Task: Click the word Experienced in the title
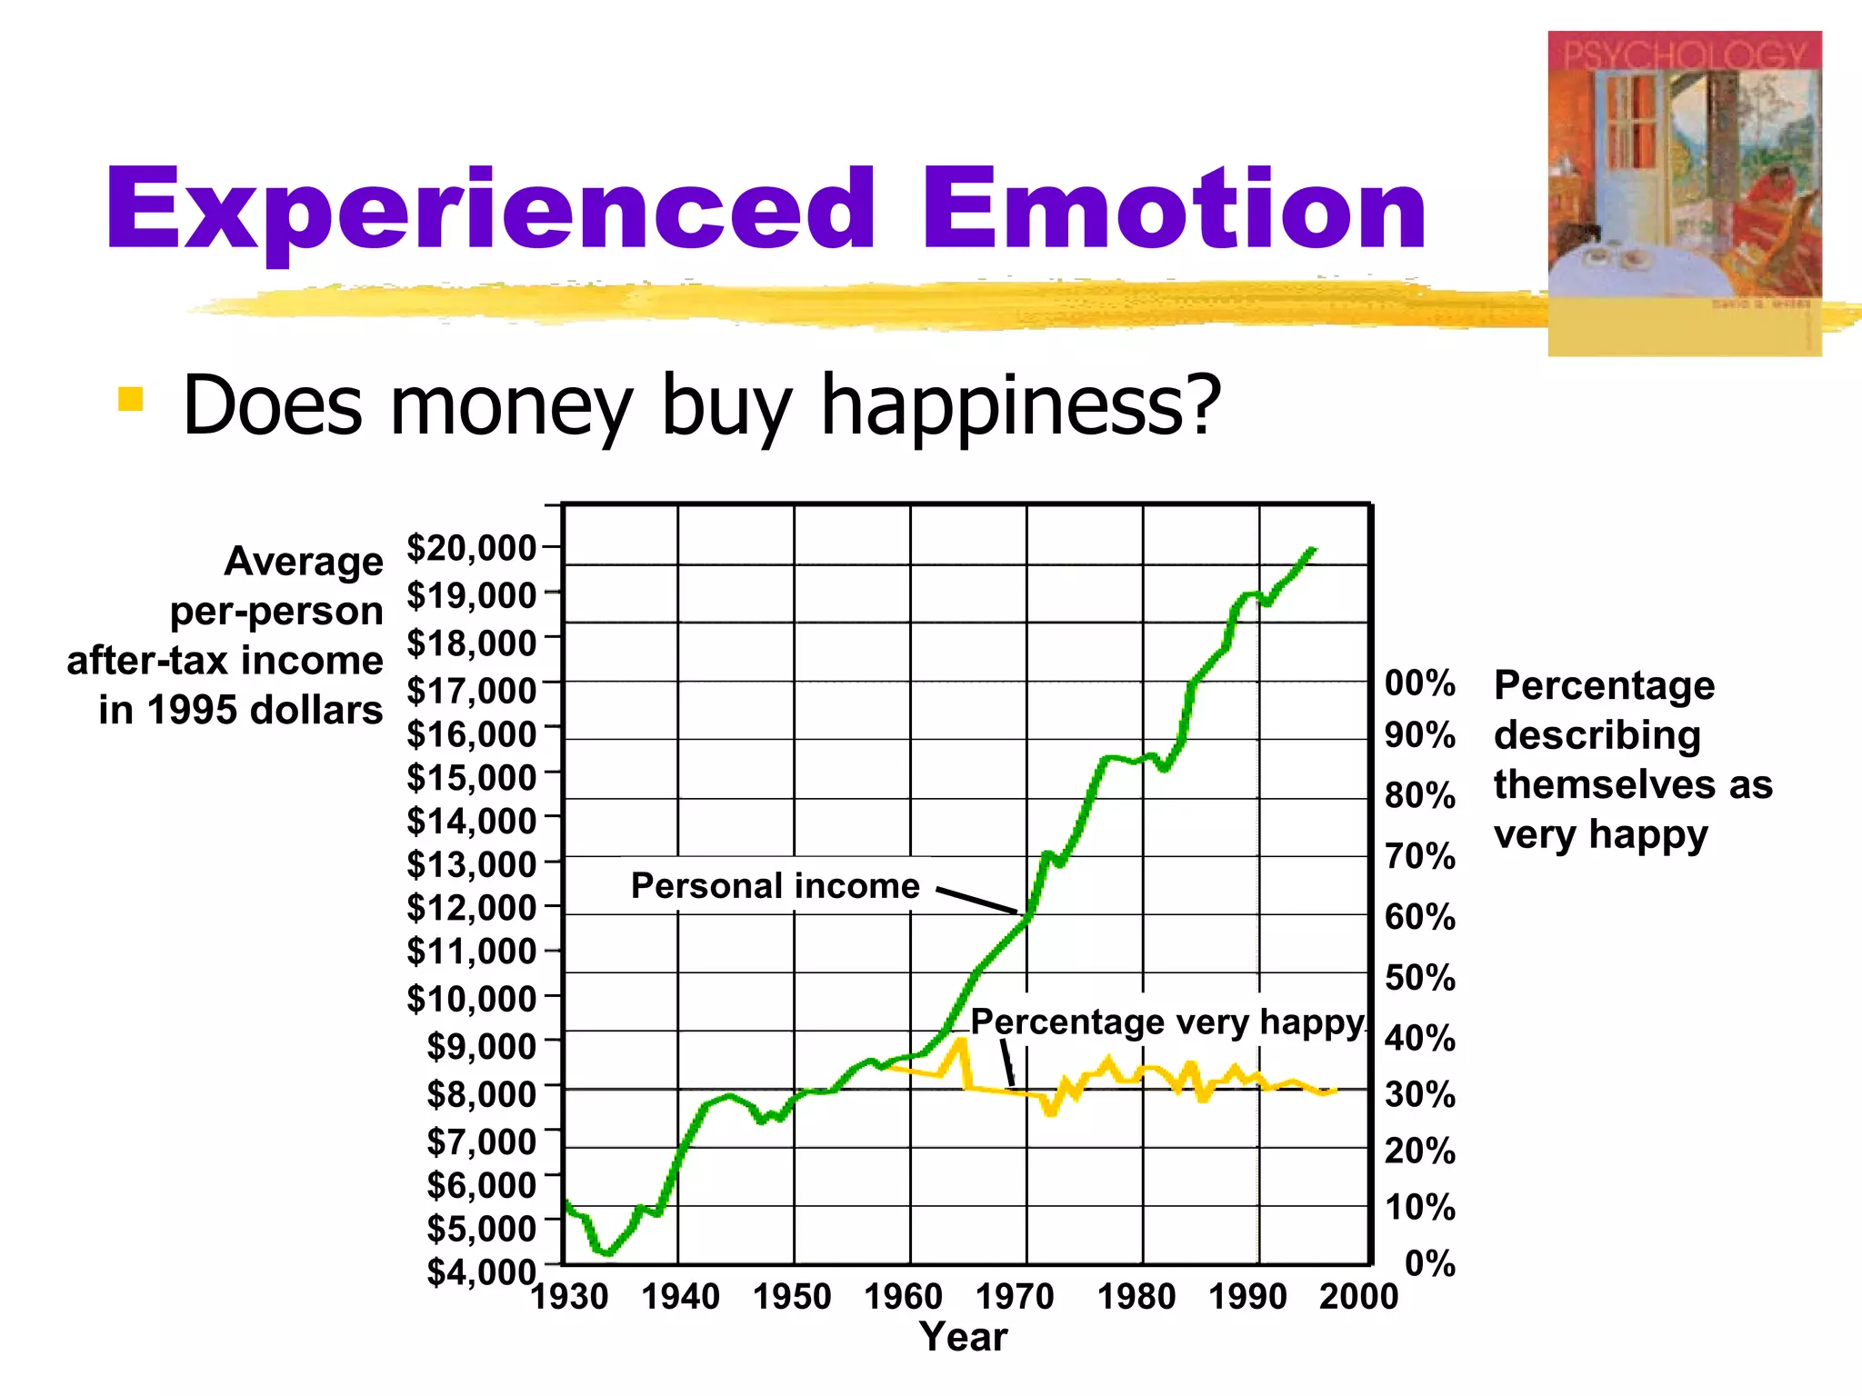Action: click(x=491, y=211)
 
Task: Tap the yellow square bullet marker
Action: click(x=131, y=400)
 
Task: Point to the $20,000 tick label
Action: click(x=471, y=548)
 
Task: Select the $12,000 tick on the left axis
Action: click(x=471, y=907)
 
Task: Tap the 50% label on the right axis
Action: click(x=1419, y=978)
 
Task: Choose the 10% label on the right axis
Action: click(x=1419, y=1208)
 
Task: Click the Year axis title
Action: click(x=963, y=1337)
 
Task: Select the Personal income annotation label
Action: click(x=775, y=885)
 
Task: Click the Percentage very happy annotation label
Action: click(x=1167, y=1022)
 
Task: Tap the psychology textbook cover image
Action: click(x=1684, y=193)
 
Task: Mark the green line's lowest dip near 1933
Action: click(x=607, y=1253)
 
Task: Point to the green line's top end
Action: click(x=1312, y=549)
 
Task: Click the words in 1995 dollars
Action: click(x=241, y=710)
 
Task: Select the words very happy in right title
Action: click(x=1600, y=833)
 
